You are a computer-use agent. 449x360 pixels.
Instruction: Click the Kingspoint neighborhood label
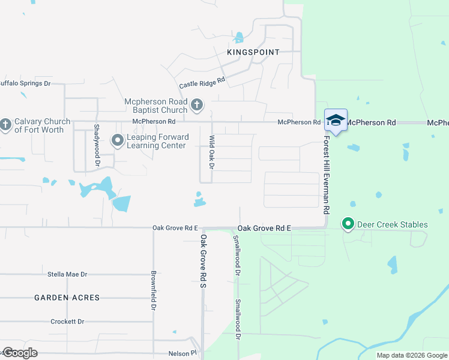click(253, 52)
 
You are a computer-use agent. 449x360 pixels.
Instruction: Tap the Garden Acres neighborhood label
click(67, 298)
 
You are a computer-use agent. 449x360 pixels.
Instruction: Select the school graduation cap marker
click(336, 120)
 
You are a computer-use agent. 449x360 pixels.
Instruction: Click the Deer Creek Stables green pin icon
click(348, 224)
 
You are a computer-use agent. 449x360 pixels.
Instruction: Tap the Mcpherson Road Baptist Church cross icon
click(196, 106)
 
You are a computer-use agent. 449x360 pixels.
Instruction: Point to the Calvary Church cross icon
click(5, 125)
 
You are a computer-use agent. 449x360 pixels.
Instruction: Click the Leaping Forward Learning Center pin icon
click(118, 141)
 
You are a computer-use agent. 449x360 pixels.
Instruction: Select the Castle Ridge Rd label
click(202, 83)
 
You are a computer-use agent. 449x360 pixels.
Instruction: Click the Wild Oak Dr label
click(211, 152)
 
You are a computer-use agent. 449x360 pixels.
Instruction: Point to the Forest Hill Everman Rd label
click(327, 175)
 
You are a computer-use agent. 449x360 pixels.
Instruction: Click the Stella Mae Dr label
click(67, 274)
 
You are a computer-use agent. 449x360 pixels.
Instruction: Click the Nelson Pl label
click(184, 354)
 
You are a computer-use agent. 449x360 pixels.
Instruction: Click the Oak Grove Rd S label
click(203, 261)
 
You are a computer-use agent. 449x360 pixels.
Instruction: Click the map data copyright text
click(412, 355)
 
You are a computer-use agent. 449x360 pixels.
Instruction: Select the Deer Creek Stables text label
click(393, 225)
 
